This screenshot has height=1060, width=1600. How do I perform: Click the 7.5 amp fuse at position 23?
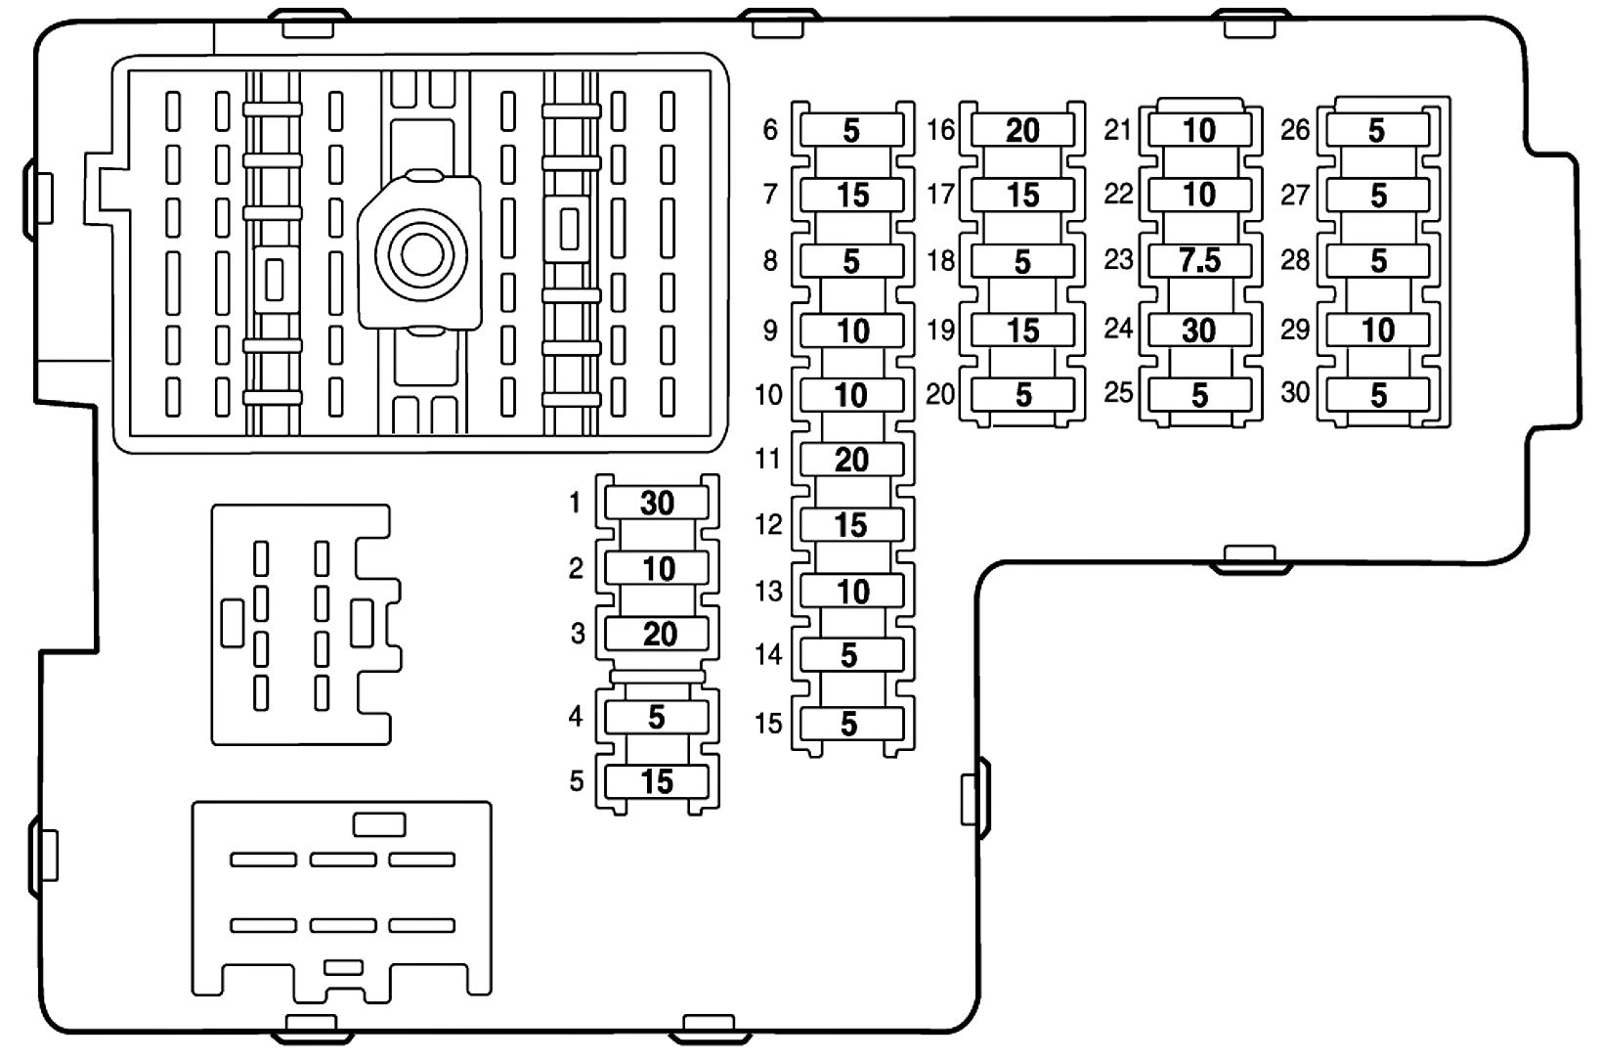[x=1199, y=261]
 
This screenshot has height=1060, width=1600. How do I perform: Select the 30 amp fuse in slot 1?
[x=657, y=503]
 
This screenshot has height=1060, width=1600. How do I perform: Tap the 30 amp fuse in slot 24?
[x=1199, y=330]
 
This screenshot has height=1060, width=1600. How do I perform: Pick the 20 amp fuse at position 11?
[x=851, y=460]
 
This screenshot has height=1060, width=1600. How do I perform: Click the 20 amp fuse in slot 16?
[x=1022, y=130]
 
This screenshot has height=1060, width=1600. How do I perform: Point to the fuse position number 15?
[x=769, y=724]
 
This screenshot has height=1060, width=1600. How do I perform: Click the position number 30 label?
[x=1295, y=393]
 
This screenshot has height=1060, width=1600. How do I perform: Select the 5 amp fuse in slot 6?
[x=851, y=130]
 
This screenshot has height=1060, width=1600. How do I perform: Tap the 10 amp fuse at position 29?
[x=1378, y=330]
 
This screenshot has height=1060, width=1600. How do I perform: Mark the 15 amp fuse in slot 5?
[x=657, y=781]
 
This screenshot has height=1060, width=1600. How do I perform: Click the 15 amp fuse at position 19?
[x=1022, y=330]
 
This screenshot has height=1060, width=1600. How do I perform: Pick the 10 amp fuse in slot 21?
[x=1199, y=130]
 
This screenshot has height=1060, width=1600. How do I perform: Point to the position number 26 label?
[x=1295, y=129]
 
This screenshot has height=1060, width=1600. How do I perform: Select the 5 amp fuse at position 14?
[x=849, y=654]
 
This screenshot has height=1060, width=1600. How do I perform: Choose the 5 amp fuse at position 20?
[x=1022, y=394]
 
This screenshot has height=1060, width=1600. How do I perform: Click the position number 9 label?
[x=770, y=331]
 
